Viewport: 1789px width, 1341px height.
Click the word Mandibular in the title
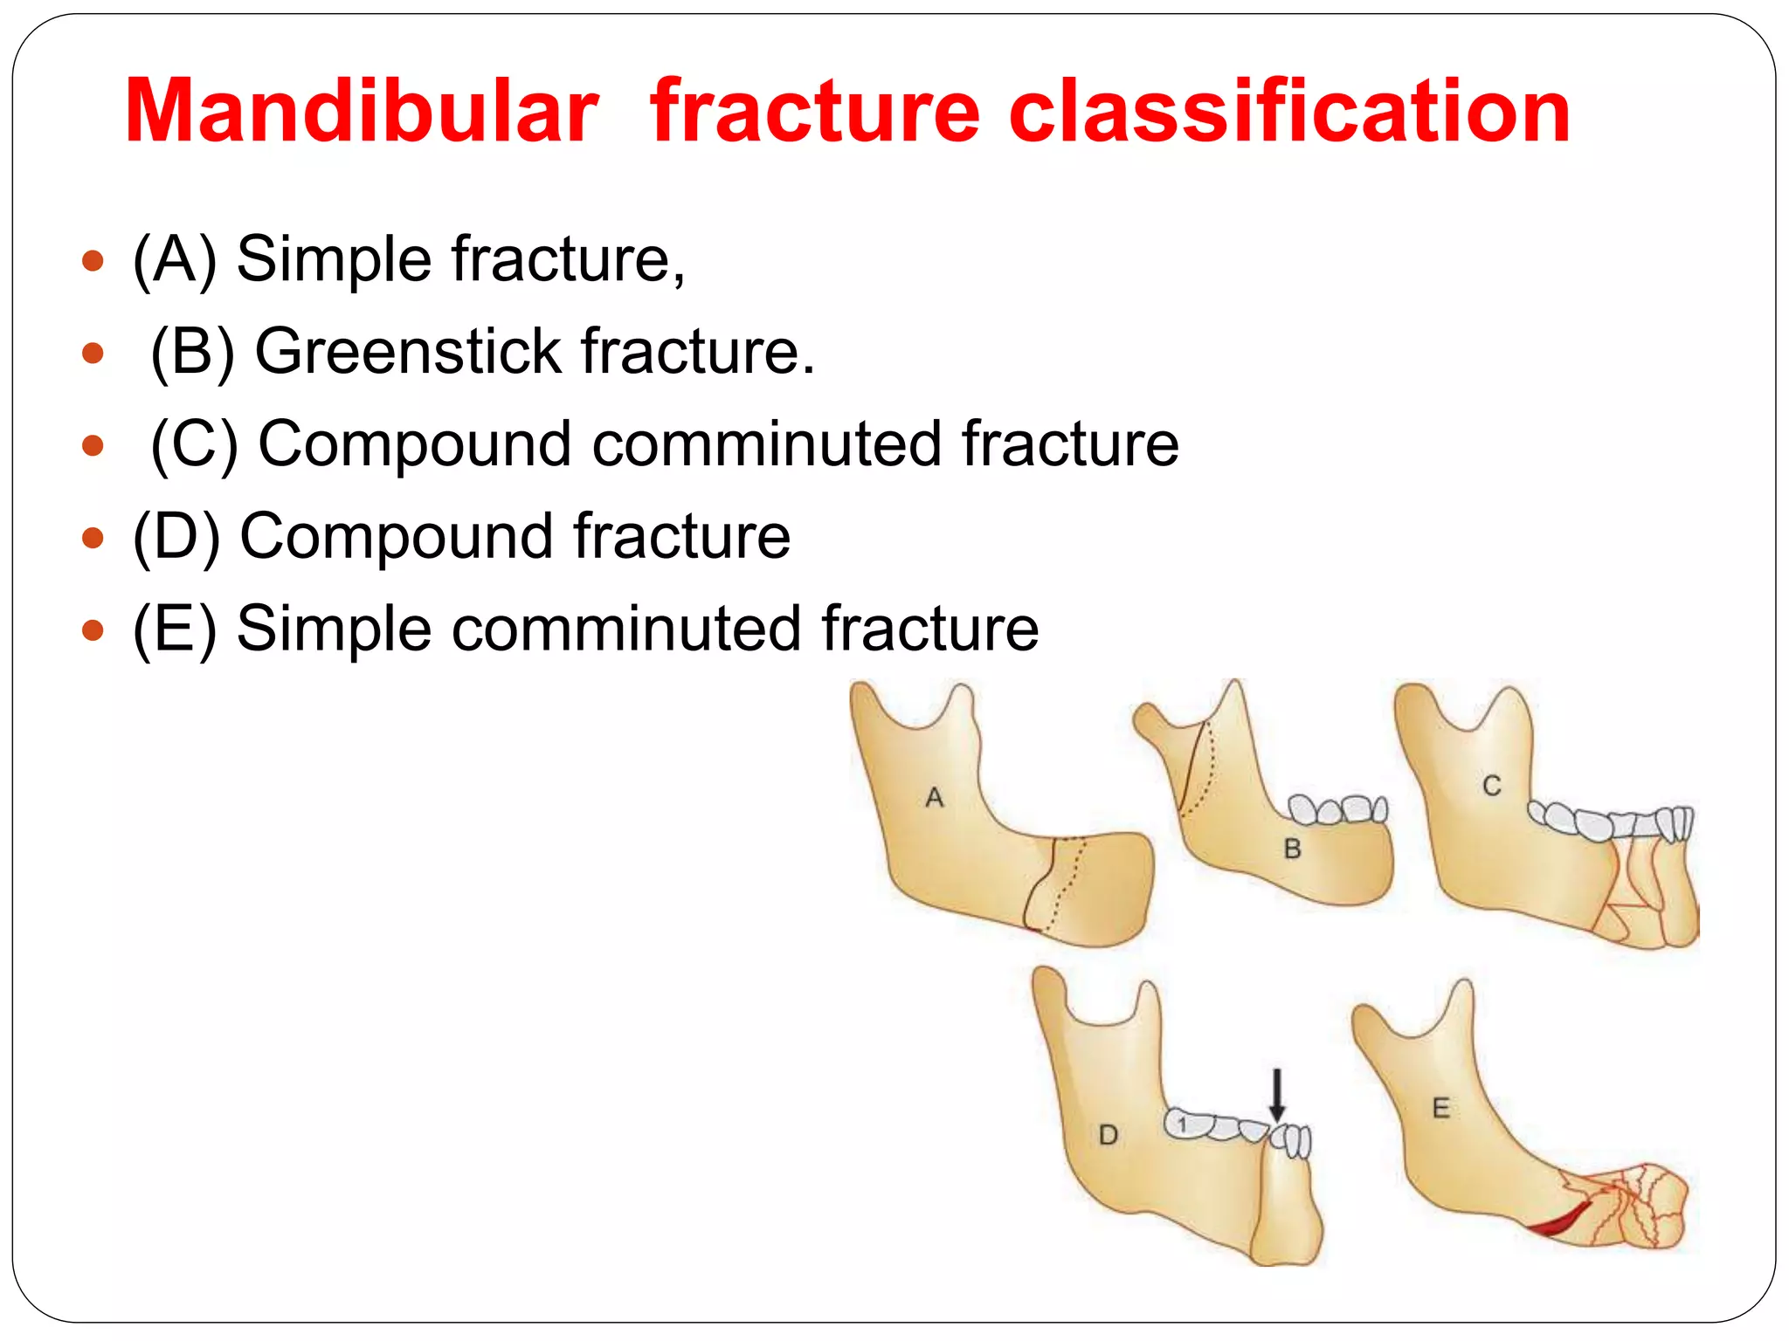click(x=361, y=112)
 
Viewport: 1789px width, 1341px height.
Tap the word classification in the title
click(x=1289, y=112)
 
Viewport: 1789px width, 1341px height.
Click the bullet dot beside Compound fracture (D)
click(x=93, y=538)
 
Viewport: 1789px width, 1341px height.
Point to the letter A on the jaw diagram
click(x=935, y=798)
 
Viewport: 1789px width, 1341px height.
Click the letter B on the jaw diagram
click(x=1293, y=849)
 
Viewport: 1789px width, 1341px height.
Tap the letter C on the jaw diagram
click(x=1492, y=787)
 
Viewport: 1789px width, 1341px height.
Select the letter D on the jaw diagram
click(x=1109, y=1135)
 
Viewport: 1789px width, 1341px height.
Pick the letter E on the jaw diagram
click(x=1441, y=1109)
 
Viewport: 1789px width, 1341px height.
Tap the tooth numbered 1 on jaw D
click(x=1183, y=1125)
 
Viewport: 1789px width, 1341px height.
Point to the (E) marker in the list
click(x=174, y=629)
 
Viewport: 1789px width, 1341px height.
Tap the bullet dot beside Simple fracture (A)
click(x=93, y=261)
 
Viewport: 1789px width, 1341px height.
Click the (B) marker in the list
click(x=192, y=353)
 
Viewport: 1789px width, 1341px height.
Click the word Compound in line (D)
click(x=396, y=537)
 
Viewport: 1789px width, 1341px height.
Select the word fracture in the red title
click(x=816, y=112)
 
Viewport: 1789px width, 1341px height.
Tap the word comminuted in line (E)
click(x=625, y=629)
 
